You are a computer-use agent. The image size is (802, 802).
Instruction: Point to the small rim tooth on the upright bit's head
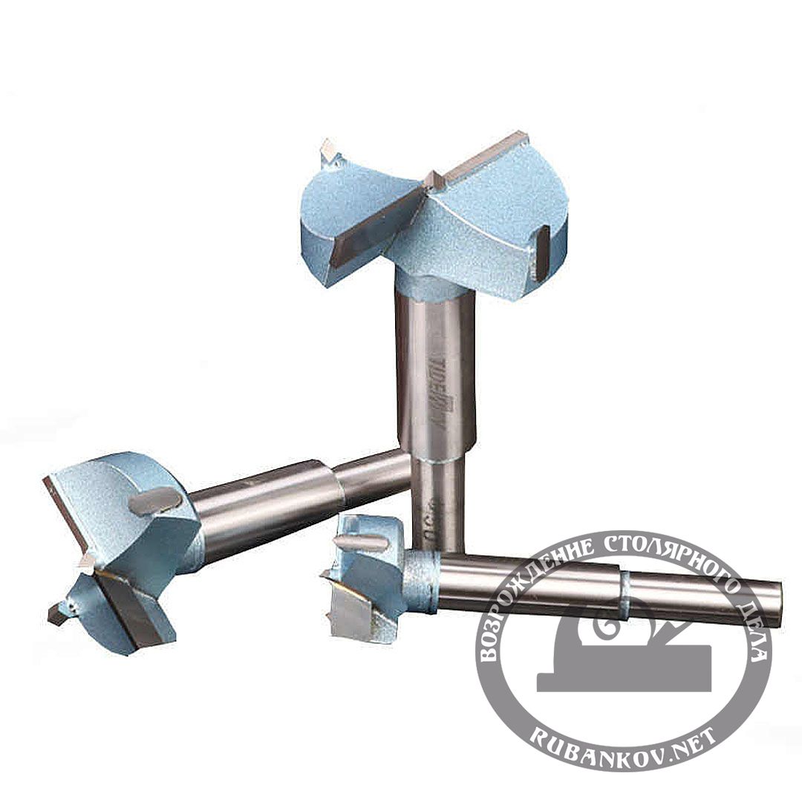(327, 152)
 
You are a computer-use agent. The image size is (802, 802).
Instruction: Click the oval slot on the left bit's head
(154, 502)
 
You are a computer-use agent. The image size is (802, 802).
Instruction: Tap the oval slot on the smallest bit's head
(360, 543)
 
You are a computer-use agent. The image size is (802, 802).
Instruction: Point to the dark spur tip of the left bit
(56, 613)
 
